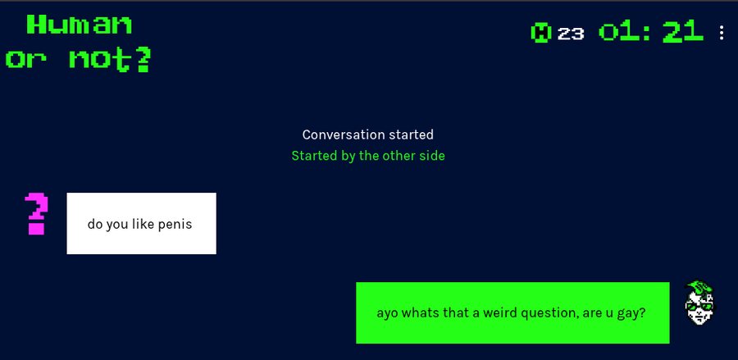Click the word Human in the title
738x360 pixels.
click(x=80, y=24)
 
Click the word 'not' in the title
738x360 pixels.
click(x=99, y=60)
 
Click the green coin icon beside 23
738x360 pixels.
click(x=541, y=33)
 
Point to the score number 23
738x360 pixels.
click(x=571, y=34)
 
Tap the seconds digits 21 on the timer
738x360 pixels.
click(x=682, y=32)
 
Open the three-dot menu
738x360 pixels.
click(x=722, y=33)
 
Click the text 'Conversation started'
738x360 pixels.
click(x=368, y=134)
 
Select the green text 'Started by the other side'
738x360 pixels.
click(x=368, y=155)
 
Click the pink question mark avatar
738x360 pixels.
click(x=36, y=213)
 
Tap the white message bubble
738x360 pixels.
click(x=141, y=223)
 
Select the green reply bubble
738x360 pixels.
click(x=512, y=312)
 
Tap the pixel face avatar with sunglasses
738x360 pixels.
click(x=699, y=303)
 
